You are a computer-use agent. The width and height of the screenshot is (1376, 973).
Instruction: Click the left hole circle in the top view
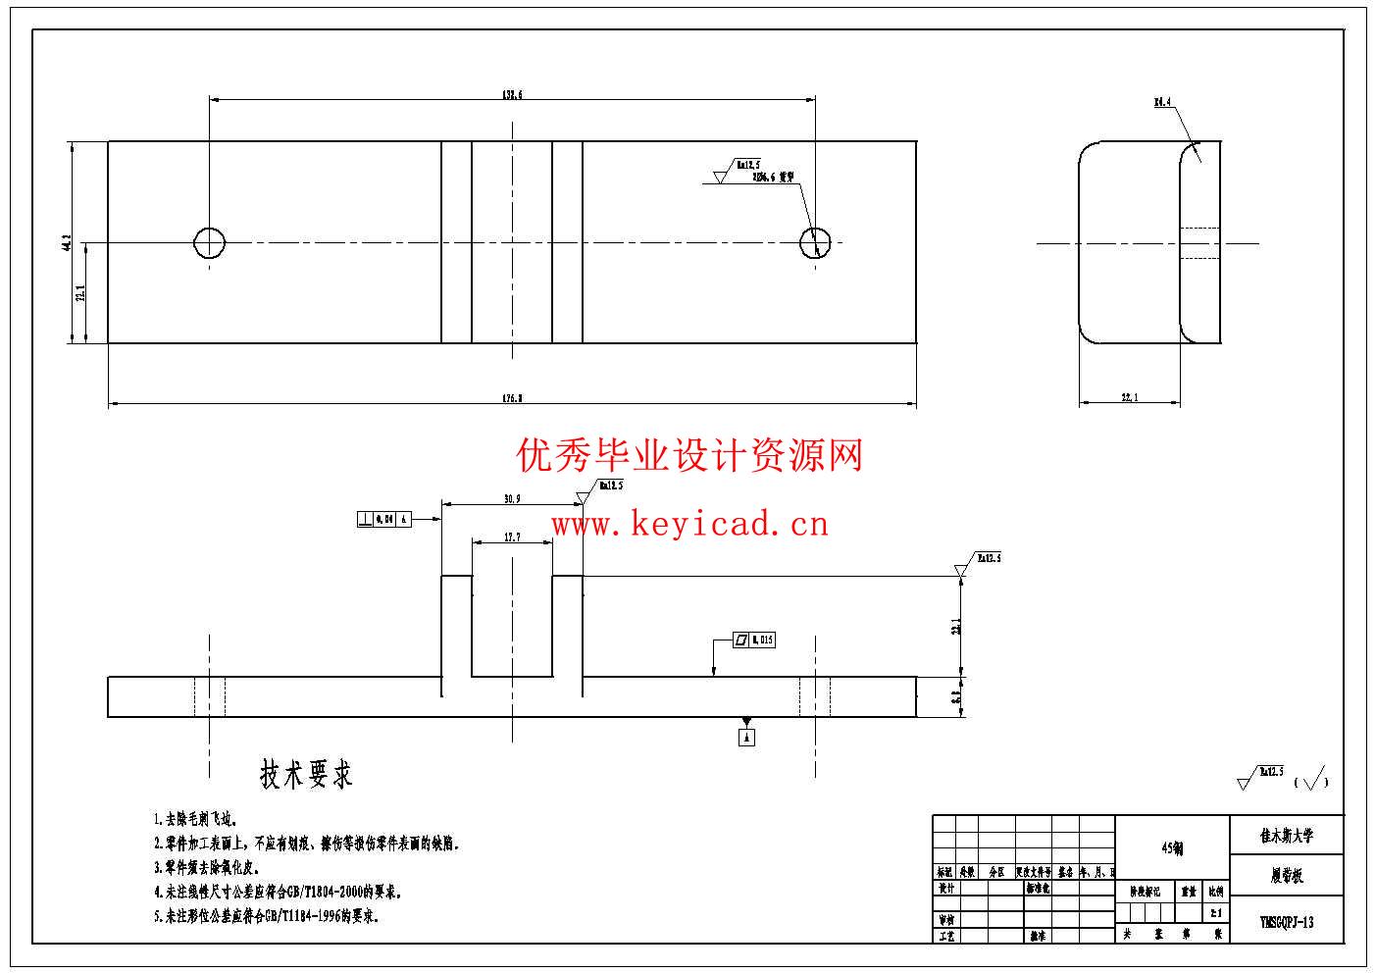point(210,242)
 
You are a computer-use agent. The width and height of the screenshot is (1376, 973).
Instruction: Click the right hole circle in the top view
point(815,242)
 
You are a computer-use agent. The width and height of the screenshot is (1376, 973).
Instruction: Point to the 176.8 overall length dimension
point(512,398)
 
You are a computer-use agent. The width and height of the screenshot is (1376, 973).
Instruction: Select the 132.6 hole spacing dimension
point(512,95)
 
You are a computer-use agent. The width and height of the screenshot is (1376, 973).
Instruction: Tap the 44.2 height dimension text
point(67,242)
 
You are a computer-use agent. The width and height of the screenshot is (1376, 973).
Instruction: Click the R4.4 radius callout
point(1162,102)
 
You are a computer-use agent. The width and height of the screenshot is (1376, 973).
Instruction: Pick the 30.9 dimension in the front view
point(512,499)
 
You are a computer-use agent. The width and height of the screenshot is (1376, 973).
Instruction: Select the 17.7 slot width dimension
point(512,538)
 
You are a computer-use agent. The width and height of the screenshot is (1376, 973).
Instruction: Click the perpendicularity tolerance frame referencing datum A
point(382,519)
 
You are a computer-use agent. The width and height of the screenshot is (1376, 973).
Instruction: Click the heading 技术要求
point(306,775)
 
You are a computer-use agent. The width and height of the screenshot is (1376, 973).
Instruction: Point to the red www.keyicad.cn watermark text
point(689,525)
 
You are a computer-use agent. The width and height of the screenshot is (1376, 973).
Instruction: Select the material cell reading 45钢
point(1172,848)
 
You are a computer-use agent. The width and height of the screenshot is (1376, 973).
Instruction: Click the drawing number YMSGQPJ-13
point(1287,922)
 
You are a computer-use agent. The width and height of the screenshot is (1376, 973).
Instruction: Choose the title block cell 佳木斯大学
point(1287,837)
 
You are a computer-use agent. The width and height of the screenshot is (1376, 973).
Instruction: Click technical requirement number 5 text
point(266,916)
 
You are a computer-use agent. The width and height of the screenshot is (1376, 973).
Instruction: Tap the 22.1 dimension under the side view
point(1129,397)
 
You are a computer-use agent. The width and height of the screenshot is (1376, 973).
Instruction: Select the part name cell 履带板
point(1287,877)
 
